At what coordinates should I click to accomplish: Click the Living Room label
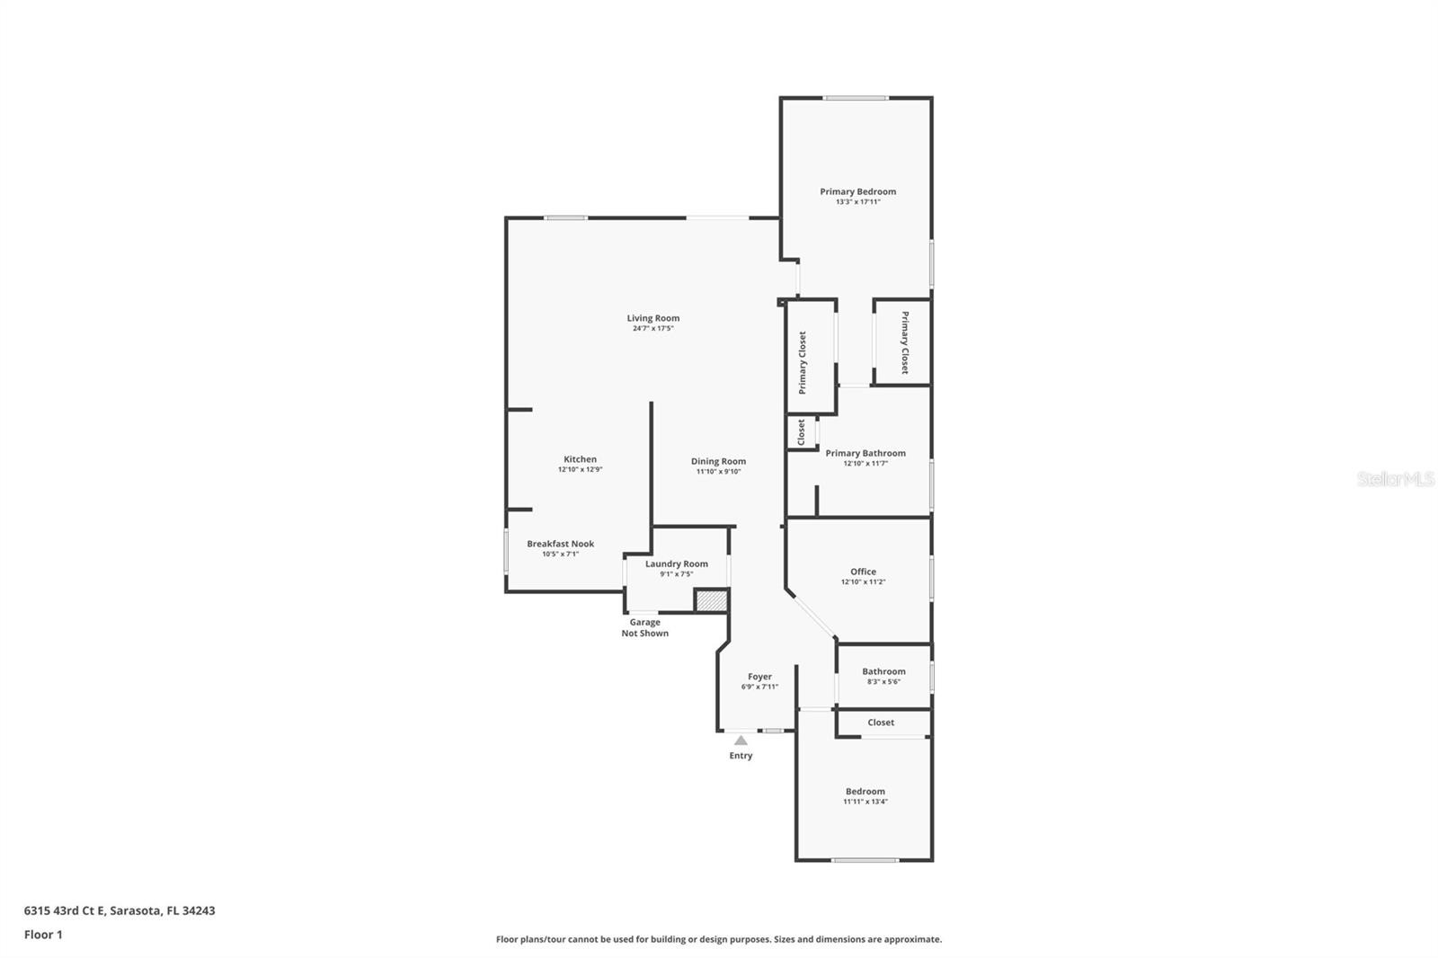(652, 318)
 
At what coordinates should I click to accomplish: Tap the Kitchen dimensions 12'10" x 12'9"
(581, 469)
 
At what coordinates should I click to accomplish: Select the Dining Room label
(718, 461)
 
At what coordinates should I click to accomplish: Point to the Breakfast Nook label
(561, 543)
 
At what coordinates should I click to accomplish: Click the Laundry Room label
(677, 563)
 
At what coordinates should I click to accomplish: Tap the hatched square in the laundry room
(712, 601)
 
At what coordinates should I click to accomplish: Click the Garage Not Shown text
(645, 627)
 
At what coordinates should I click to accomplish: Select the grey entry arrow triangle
(741, 741)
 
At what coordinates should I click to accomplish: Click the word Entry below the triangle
(741, 756)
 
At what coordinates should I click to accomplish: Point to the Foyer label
(759, 676)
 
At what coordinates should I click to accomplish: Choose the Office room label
(863, 572)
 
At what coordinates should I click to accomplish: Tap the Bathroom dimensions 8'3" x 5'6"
(884, 682)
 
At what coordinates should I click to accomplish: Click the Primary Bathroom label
(865, 453)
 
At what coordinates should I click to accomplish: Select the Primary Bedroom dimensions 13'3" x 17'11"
(857, 201)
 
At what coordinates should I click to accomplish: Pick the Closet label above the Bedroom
(881, 723)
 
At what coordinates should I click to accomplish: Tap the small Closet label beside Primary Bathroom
(801, 432)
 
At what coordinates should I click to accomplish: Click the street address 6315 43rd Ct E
(64, 910)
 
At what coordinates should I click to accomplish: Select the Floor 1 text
(43, 935)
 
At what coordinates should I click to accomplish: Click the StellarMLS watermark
(1396, 478)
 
